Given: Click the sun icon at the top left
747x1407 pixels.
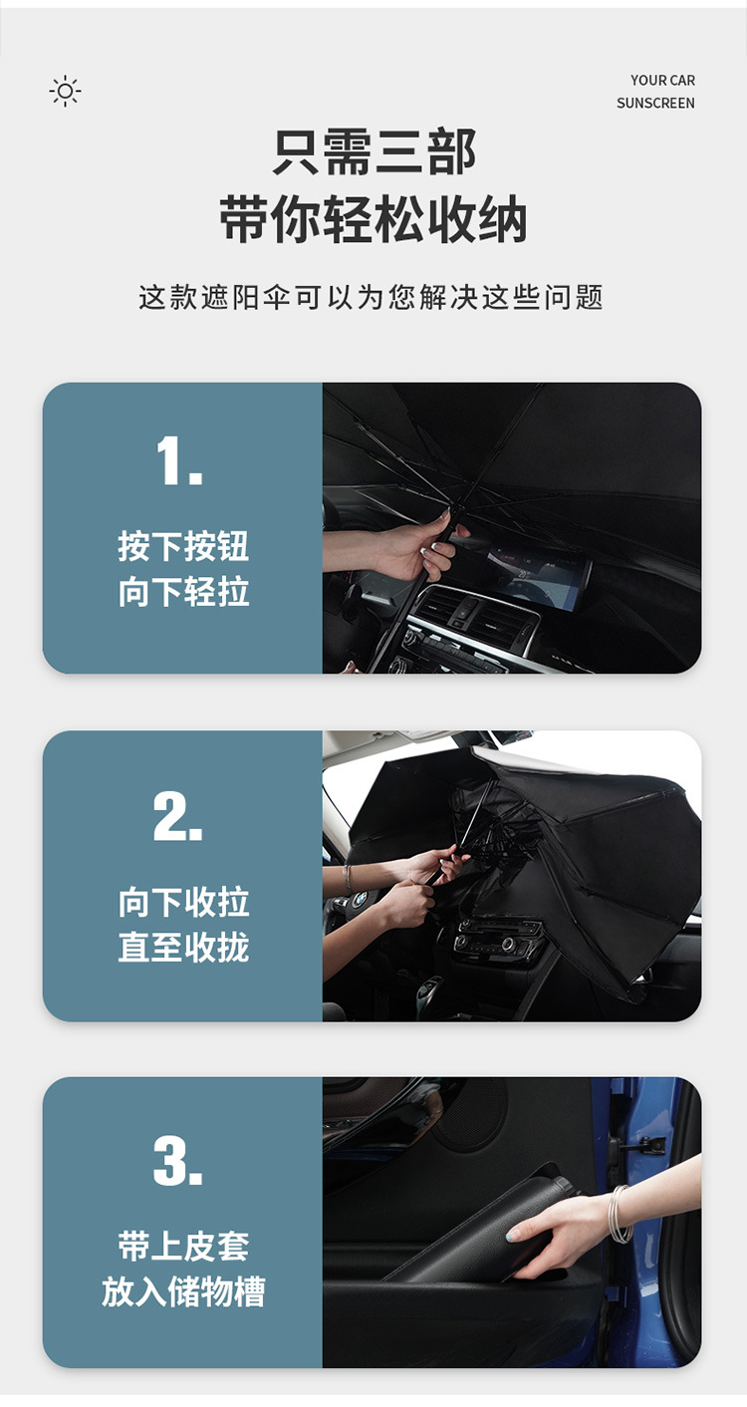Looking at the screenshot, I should pos(66,92).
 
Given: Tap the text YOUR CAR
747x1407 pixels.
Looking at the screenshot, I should pos(662,81).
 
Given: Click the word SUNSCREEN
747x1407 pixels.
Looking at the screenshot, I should pos(655,104).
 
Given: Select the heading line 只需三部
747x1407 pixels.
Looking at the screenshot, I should pos(373,152).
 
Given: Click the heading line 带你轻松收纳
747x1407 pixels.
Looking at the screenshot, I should pos(373,220).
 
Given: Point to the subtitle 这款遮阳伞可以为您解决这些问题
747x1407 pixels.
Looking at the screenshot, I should pos(372,297).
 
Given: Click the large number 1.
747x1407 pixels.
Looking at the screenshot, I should pos(179,462).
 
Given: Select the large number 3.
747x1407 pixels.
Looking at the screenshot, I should pos(179,1162).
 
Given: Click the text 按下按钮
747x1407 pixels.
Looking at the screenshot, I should pos(183,547).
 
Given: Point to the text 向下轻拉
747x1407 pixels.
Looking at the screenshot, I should pos(183,593).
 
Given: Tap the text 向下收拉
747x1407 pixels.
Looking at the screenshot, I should pos(183,903).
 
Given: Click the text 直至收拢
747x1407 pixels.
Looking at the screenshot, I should pos(183,948).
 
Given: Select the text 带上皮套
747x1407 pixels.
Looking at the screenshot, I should pos(183,1247).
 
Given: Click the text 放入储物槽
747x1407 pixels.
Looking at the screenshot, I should pos(183,1292).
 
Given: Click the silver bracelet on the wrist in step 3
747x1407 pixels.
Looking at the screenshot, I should pos(620,1215).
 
